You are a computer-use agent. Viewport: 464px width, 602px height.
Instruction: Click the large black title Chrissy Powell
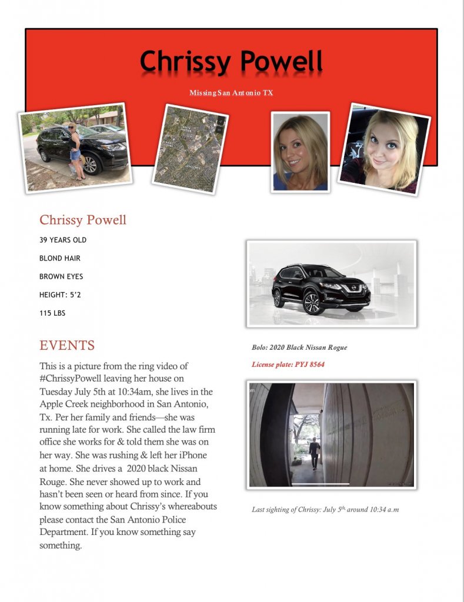tap(231, 61)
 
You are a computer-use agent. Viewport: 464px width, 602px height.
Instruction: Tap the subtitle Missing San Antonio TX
tap(231, 93)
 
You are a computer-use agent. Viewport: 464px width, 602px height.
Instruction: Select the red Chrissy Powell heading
tap(83, 220)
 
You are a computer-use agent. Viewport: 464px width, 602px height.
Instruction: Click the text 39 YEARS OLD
tap(63, 240)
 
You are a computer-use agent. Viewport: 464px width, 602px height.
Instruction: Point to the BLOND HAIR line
tap(60, 258)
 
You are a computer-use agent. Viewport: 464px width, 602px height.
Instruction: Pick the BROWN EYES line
tap(61, 276)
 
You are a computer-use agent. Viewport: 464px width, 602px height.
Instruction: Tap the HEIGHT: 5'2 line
tap(60, 295)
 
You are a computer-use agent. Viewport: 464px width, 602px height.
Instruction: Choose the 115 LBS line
tap(52, 313)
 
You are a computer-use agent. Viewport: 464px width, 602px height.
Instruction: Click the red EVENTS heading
tap(67, 345)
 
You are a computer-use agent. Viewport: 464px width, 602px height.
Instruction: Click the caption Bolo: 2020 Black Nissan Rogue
tap(299, 347)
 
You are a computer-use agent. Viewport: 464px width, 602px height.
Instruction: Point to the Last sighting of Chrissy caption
tap(325, 509)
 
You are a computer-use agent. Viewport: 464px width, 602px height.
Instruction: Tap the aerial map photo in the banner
tap(189, 149)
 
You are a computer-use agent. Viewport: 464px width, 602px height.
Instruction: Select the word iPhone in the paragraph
tap(192, 456)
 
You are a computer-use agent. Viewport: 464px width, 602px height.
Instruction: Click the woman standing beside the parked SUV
tap(75, 150)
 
